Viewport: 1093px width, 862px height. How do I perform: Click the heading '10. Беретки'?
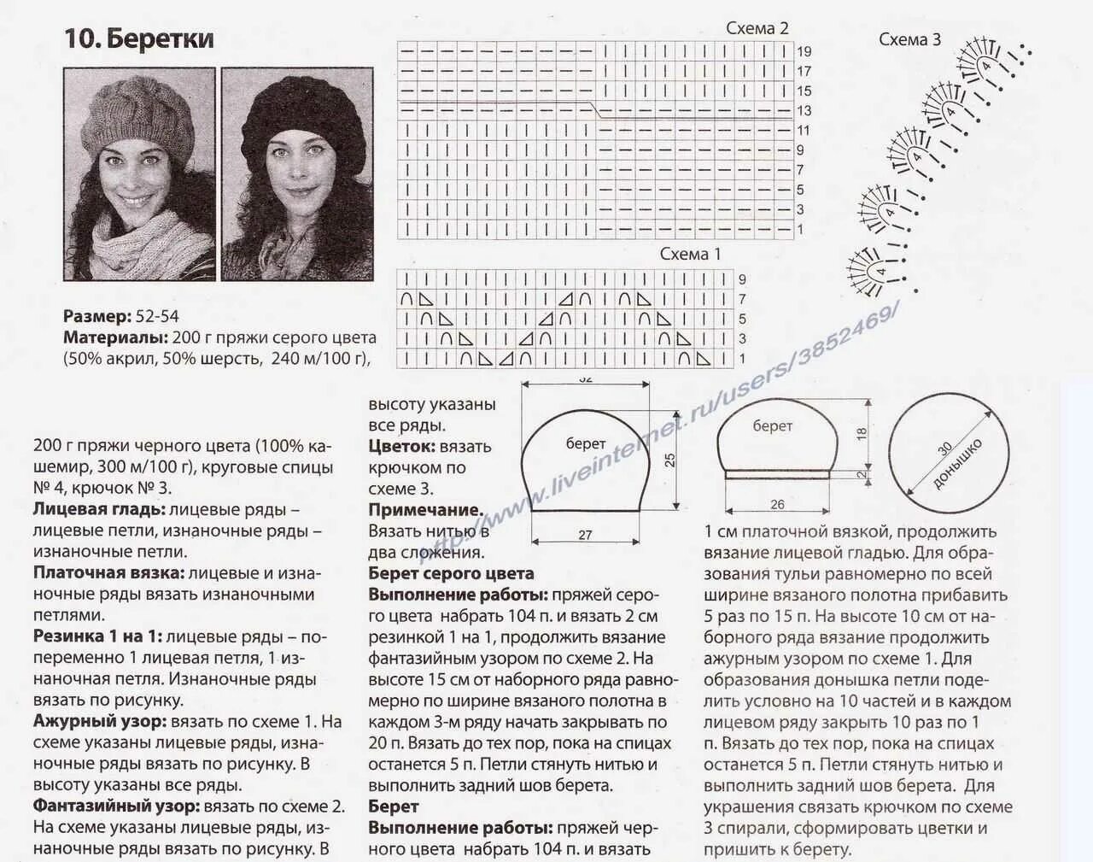click(x=139, y=39)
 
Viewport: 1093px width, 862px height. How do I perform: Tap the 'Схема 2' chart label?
click(x=757, y=28)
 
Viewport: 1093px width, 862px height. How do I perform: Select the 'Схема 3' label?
click(x=909, y=39)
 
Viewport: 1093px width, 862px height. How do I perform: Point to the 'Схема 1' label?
click(x=690, y=254)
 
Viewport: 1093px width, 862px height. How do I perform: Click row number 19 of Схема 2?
click(x=804, y=51)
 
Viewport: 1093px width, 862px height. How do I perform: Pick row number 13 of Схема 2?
click(x=804, y=111)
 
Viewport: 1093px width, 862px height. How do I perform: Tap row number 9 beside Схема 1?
click(x=742, y=279)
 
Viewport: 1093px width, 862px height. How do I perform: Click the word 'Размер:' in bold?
click(x=96, y=316)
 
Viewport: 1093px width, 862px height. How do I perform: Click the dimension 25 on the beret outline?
click(x=670, y=459)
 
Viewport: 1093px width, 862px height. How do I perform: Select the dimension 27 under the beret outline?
click(x=585, y=536)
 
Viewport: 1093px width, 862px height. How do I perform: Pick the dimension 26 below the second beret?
click(x=777, y=505)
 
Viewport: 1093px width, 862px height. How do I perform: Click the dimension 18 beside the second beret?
click(x=862, y=433)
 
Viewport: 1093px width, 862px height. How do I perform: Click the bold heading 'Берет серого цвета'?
click(x=451, y=573)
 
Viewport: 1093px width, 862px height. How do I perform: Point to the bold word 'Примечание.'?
click(x=425, y=510)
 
